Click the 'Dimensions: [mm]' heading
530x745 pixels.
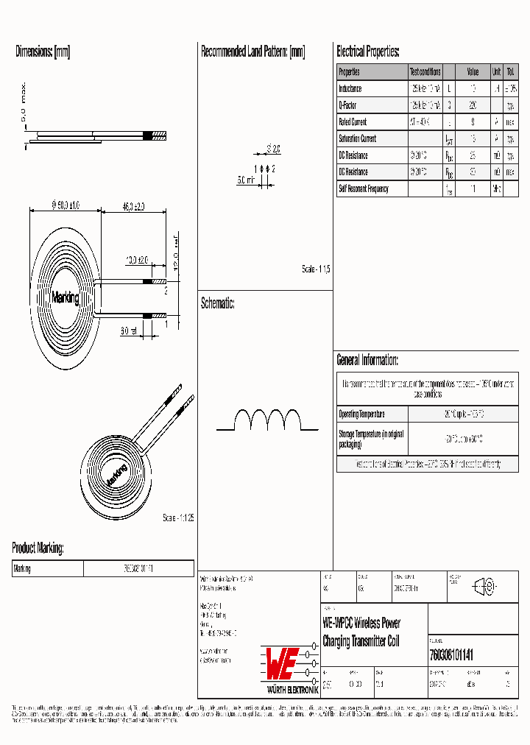43,52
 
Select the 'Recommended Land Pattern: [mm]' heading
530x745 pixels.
252,52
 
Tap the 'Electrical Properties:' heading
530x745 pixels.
368,52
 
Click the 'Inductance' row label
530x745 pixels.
350,89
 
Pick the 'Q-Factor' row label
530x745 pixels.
347,105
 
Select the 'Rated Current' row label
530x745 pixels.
353,122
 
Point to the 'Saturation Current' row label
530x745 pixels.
357,138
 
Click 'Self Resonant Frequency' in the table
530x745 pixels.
363,188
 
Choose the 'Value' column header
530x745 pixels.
473,72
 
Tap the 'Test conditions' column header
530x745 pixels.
425,72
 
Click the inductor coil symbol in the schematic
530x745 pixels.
268,421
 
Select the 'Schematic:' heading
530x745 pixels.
218,303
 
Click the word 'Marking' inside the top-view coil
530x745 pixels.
66,298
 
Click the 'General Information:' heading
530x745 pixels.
367,360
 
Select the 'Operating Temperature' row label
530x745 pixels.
361,414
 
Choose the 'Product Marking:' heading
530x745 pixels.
38,548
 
